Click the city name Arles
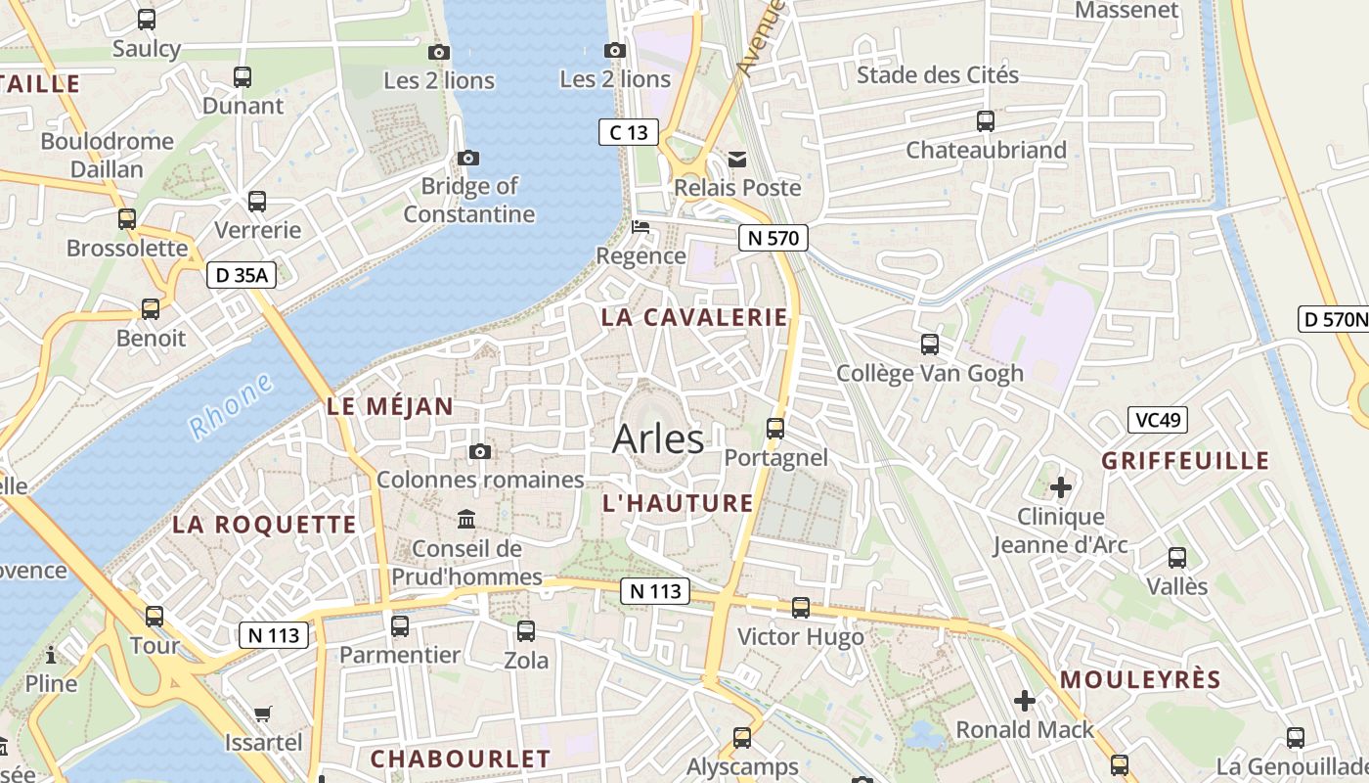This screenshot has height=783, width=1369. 658,438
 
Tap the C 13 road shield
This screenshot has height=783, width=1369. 629,132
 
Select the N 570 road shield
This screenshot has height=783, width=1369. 773,237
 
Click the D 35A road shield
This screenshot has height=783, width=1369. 242,275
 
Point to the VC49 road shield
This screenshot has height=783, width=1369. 1157,420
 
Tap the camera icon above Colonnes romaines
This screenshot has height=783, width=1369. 479,451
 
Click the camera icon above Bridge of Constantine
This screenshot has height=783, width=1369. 468,158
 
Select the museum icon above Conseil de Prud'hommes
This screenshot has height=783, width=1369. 466,519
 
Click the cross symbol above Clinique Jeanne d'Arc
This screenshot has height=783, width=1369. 1061,486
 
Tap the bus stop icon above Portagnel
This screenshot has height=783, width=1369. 775,428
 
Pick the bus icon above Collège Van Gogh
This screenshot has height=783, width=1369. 930,345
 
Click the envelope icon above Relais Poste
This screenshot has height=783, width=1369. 737,159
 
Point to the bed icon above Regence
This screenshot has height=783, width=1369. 640,227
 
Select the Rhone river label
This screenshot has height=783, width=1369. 231,405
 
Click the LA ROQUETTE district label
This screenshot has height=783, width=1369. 264,524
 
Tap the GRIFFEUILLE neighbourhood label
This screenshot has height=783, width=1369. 1185,460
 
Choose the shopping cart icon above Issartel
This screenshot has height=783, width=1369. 262,714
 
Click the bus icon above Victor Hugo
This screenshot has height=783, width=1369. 801,608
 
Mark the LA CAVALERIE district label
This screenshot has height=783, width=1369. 694,317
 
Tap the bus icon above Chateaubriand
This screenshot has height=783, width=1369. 986,121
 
